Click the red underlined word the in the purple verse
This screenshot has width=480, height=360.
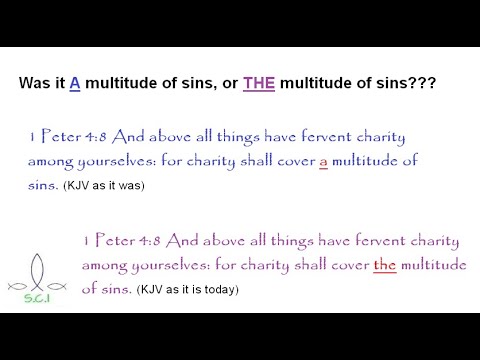pos(384,264)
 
